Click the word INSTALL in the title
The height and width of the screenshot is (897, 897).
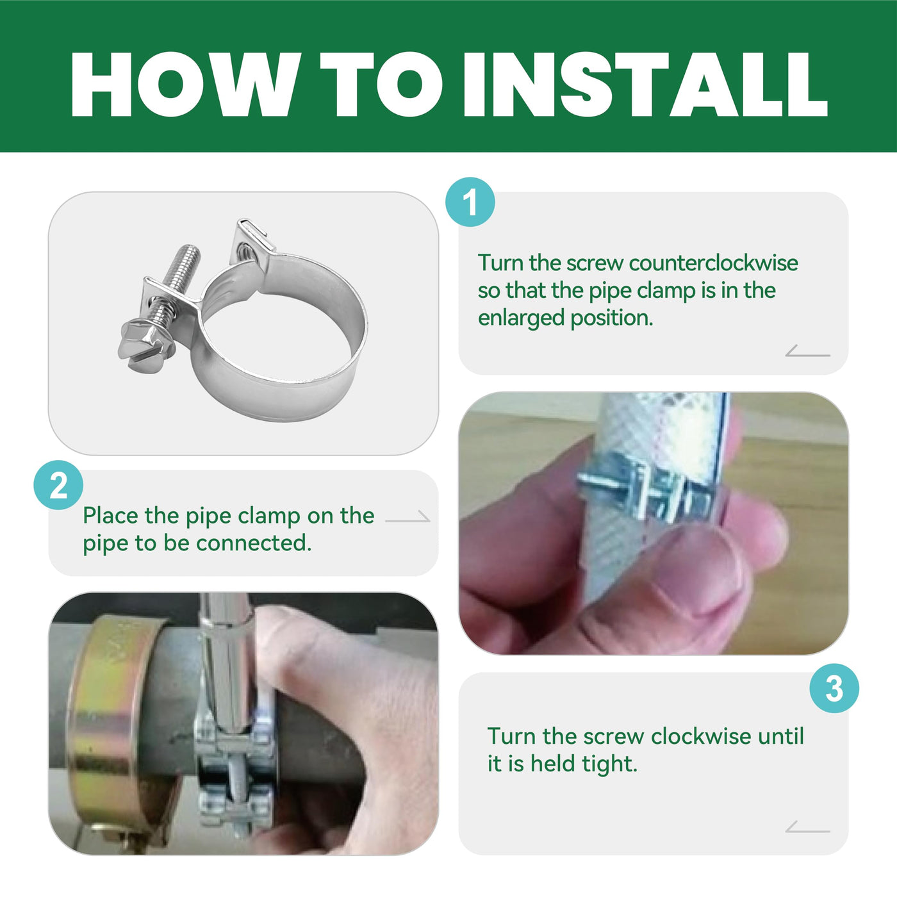tap(645, 84)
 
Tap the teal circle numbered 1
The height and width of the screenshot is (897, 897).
tap(470, 202)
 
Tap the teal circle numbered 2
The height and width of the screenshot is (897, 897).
tap(58, 485)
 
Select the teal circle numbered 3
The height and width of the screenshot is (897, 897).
tap(834, 689)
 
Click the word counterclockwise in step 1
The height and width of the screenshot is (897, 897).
tap(713, 263)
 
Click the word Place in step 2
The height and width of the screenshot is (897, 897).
tap(110, 515)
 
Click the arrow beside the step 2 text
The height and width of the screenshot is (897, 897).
tap(407, 516)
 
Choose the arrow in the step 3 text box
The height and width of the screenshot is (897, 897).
tap(808, 827)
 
